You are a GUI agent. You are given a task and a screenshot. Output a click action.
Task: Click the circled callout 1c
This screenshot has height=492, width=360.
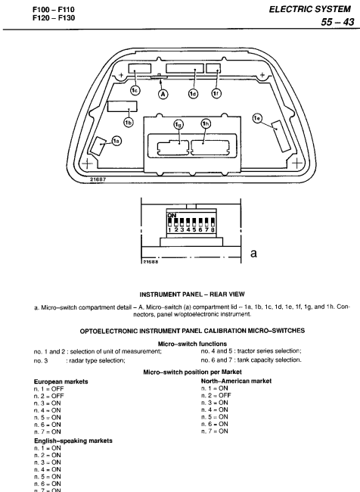pos(135,90)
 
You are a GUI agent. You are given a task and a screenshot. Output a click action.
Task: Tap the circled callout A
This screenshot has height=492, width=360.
pos(163,94)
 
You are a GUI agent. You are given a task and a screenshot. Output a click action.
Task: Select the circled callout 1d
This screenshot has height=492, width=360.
pos(193,94)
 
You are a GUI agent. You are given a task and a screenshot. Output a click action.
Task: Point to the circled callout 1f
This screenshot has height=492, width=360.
pos(216,93)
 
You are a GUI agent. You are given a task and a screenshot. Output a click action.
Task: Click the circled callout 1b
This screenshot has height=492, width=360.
pos(129,123)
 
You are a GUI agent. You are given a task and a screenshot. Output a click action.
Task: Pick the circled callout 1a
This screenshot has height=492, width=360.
pos(116,142)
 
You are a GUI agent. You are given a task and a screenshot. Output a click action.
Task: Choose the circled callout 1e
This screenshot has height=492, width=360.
pos(257,118)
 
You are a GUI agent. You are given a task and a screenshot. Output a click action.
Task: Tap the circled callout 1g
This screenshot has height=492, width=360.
pos(178,125)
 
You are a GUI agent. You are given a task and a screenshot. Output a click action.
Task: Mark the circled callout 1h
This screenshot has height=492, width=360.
pos(206,123)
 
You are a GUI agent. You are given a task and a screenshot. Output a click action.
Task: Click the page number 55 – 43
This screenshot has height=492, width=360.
pos(337,22)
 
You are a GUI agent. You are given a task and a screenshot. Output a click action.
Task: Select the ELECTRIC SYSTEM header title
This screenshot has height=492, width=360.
pos(309,9)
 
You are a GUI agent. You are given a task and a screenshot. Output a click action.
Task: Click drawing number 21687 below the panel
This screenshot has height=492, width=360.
pos(98,179)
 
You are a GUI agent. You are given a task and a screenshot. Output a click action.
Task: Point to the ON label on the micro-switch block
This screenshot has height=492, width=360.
pos(172,215)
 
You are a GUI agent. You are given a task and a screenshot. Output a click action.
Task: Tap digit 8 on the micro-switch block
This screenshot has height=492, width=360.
pos(213,229)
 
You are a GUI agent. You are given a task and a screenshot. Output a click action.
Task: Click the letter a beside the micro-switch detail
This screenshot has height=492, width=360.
pos(253,254)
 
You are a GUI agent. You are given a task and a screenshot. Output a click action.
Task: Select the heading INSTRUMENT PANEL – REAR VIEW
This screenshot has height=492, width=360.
pos(192,294)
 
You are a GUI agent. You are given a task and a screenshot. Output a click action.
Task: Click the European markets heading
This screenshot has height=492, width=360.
pos(61,381)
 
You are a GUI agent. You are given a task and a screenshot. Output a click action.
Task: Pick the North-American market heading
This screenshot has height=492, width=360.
pos(236,381)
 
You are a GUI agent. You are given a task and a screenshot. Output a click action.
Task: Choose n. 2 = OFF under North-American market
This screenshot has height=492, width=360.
pos(216,395)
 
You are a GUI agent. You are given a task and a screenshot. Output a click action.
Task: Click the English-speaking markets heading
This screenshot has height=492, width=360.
pos(73,441)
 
